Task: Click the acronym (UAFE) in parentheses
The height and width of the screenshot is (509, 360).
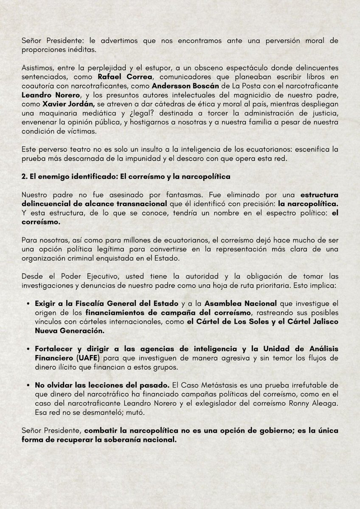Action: [x=64, y=357]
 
